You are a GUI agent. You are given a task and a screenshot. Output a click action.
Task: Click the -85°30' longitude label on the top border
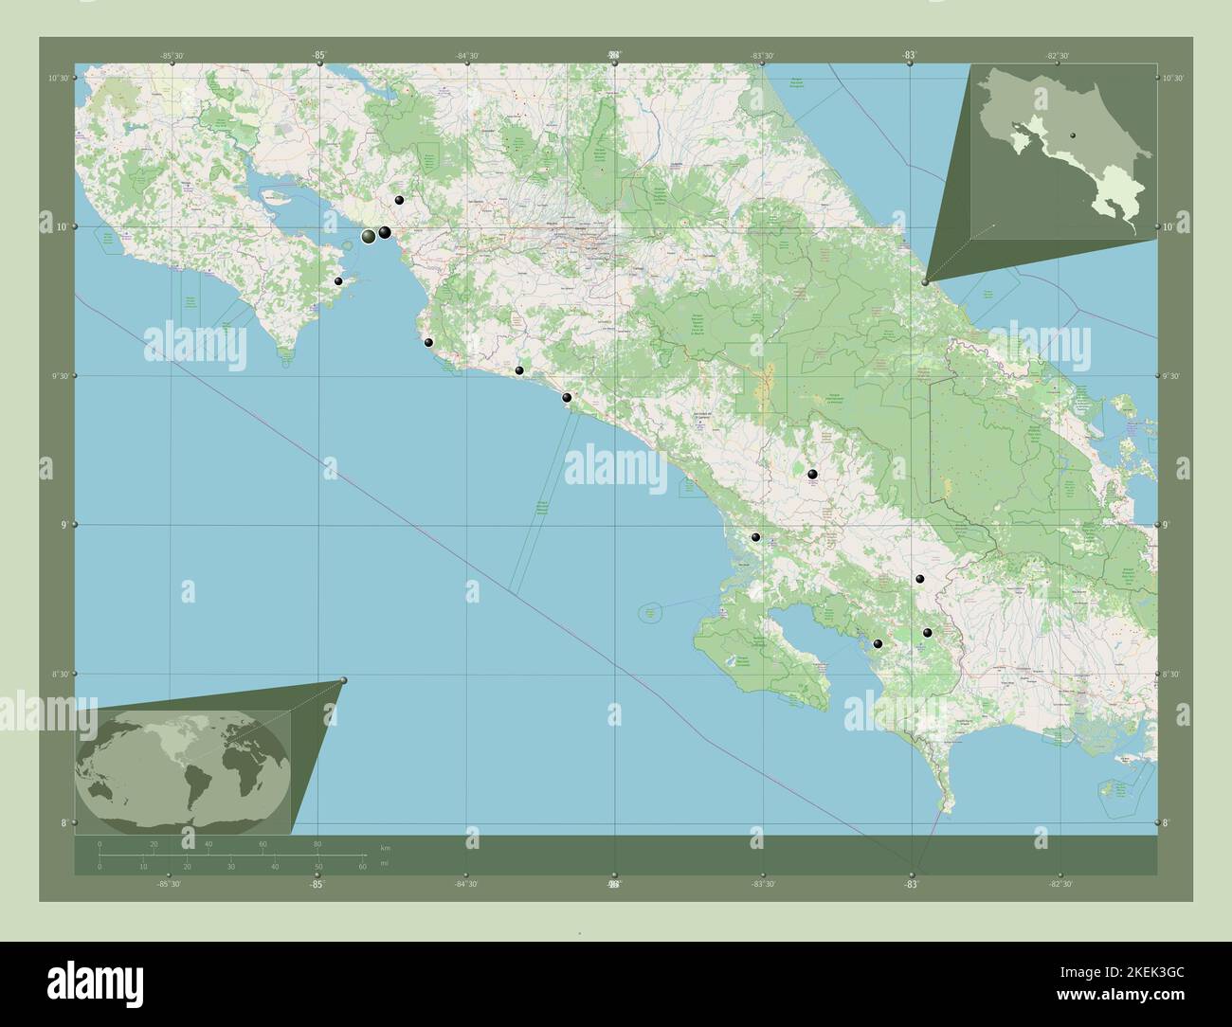(171, 56)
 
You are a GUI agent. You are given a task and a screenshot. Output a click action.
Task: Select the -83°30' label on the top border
(763, 56)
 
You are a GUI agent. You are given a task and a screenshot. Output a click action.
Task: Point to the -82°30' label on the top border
(1059, 56)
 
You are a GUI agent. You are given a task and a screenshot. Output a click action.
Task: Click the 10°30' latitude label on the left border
(60, 79)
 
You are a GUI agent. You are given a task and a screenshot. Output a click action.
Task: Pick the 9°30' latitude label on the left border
(60, 376)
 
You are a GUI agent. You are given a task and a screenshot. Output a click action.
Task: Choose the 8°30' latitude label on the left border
(60, 674)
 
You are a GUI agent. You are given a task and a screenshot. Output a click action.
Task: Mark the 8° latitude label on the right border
(1170, 822)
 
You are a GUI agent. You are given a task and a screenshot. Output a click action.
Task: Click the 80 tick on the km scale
(317, 843)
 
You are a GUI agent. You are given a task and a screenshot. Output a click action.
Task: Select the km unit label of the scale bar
(385, 847)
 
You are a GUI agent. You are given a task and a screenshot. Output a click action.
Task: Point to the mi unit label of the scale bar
(385, 864)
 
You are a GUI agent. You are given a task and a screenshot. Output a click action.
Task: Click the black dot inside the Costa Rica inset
(1073, 136)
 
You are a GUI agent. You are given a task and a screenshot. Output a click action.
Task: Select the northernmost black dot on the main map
(400, 200)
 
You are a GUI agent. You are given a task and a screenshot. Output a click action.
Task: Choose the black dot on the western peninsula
(338, 281)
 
